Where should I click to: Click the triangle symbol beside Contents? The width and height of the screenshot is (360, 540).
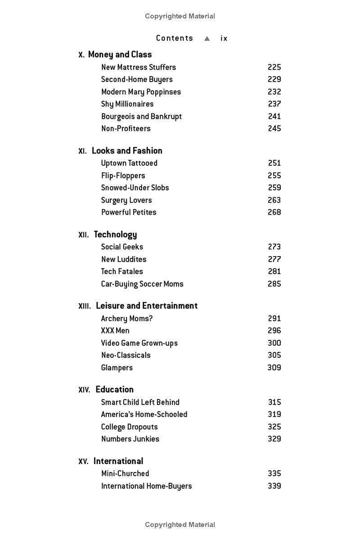[207, 39]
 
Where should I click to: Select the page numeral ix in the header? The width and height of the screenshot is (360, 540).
[224, 39]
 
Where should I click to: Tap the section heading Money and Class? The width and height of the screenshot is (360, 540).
[120, 54]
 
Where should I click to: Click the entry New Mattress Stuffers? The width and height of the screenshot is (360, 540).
[139, 67]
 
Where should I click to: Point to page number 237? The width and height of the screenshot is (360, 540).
[274, 104]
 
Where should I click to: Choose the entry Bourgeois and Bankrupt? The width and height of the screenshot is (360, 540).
[141, 116]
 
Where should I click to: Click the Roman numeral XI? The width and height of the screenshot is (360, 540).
[82, 151]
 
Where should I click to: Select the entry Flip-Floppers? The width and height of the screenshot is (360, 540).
[123, 175]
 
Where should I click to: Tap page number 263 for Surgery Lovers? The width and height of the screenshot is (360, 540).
[274, 200]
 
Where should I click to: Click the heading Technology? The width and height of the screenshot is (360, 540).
[115, 234]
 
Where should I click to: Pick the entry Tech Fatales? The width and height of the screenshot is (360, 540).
[122, 271]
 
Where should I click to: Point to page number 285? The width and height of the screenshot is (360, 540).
[274, 284]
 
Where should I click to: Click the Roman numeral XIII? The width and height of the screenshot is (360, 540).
[85, 306]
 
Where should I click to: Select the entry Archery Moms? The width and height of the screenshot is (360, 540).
[127, 319]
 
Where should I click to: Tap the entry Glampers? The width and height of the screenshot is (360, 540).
[117, 368]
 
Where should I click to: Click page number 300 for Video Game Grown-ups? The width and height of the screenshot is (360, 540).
[274, 343]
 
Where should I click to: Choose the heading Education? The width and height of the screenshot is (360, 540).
[114, 390]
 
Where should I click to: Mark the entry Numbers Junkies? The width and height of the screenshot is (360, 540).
[130, 439]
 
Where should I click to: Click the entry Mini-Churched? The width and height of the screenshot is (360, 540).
[125, 473]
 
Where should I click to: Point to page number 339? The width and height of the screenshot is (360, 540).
[274, 486]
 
